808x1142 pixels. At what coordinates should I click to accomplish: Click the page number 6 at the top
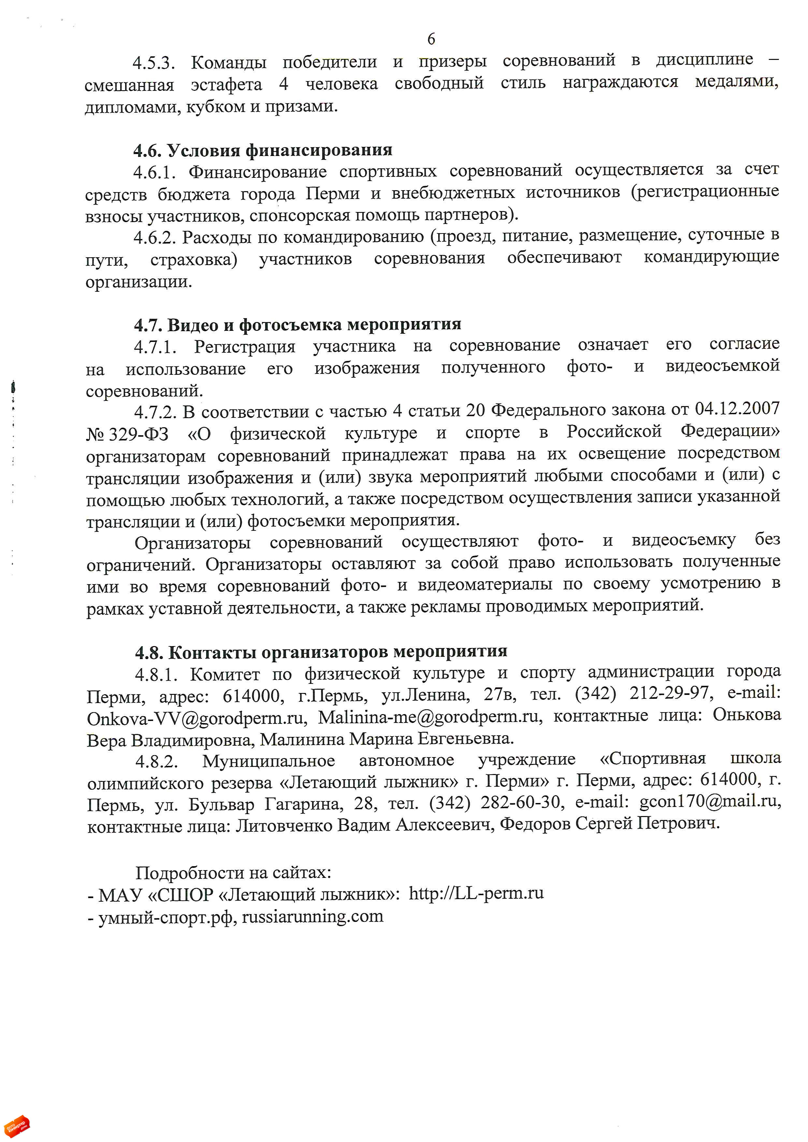pyautogui.click(x=431, y=38)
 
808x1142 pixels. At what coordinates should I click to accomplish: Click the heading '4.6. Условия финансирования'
pyautogui.click(x=262, y=150)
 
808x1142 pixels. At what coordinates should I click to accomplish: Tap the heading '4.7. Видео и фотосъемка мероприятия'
pyautogui.click(x=297, y=324)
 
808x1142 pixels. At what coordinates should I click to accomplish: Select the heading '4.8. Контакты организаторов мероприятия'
pyautogui.click(x=321, y=652)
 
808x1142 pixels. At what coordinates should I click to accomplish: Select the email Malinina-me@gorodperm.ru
pyautogui.click(x=428, y=717)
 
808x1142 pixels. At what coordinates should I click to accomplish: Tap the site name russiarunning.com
pyautogui.click(x=312, y=916)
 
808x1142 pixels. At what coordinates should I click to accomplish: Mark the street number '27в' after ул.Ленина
pyautogui.click(x=499, y=694)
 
